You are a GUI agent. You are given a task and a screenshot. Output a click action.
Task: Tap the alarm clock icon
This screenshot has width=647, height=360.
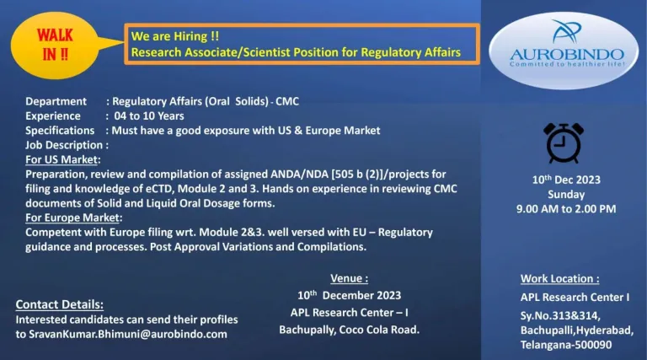click(562, 143)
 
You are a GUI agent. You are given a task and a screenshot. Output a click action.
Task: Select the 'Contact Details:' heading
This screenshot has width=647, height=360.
click(59, 304)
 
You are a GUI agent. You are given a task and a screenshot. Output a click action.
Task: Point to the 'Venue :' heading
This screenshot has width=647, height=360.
click(349, 278)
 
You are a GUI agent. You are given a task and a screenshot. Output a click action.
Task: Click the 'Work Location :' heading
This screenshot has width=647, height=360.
click(559, 278)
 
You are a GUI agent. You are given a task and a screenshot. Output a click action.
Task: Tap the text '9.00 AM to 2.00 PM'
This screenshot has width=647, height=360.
click(565, 209)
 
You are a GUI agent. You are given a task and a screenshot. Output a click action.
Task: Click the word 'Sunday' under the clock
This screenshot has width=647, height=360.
click(565, 195)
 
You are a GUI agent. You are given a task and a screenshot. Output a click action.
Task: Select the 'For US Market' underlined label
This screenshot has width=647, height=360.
click(61, 159)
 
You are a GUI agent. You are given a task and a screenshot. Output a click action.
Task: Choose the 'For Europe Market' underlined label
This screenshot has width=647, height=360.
click(73, 218)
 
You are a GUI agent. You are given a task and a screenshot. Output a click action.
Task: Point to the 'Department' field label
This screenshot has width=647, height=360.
click(56, 101)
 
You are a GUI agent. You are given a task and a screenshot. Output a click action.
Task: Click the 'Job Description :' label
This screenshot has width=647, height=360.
click(67, 145)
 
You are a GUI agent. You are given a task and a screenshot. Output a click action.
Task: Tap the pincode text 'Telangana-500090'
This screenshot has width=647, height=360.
click(566, 344)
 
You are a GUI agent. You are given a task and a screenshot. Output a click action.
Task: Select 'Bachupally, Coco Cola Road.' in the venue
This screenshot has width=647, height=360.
click(349, 329)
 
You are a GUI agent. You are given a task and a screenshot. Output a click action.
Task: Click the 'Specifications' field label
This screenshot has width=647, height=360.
click(60, 130)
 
